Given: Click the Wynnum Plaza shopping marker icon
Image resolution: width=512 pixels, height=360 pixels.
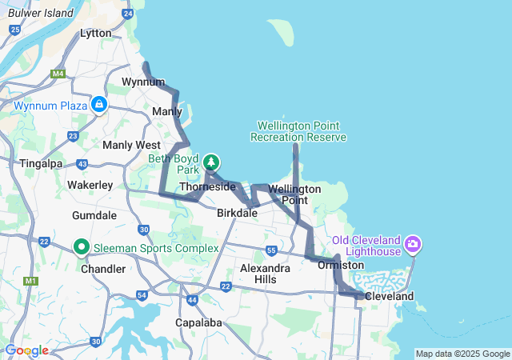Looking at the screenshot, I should coord(98,104).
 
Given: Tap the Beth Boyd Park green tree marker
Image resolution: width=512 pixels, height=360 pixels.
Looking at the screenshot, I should coord(211,162).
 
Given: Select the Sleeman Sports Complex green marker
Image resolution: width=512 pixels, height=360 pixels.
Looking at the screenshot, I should coord(81,247).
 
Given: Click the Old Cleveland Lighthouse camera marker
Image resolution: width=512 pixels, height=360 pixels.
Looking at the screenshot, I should coord(413,243).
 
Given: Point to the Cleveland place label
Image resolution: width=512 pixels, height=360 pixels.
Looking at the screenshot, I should coord(389,296).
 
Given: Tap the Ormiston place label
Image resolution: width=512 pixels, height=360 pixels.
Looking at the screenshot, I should coord(341,265).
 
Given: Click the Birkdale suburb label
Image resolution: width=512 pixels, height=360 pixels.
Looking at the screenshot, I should coord(237,214).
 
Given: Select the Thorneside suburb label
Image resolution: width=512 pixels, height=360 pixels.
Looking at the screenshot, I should coord(207,186).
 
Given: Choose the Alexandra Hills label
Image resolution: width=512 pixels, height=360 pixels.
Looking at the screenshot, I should coord(265,274).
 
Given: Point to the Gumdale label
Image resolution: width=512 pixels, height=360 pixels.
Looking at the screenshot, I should coord(94,216).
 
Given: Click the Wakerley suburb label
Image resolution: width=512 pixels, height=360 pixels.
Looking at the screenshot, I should coord(89,185).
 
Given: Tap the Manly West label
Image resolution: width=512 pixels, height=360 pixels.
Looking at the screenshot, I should coord(131,145).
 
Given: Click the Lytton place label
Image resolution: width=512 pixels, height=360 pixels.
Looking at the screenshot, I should coord(96,34).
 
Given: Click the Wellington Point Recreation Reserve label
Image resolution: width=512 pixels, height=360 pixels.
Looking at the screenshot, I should coord(298,131).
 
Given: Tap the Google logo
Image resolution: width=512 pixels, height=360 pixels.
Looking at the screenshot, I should coord(26,350).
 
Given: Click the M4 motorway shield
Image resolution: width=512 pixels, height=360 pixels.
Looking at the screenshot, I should coord(58,74).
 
